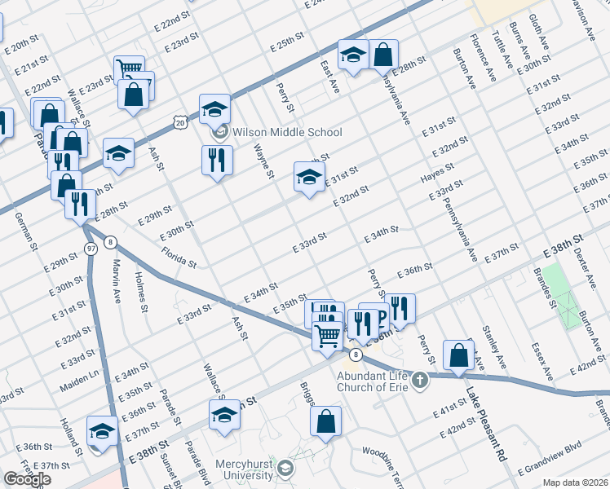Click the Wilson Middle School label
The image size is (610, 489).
click(287, 132)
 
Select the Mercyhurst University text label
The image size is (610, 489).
click(245, 470)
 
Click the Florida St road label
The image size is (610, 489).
click(179, 258)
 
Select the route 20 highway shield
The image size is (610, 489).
click(179, 121)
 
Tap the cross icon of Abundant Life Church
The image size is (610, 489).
click(419, 380)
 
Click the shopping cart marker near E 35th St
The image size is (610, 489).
click(327, 334)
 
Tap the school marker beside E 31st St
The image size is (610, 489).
click(309, 177)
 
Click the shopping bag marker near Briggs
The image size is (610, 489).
click(325, 423)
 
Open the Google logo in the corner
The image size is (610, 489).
click(27, 479)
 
